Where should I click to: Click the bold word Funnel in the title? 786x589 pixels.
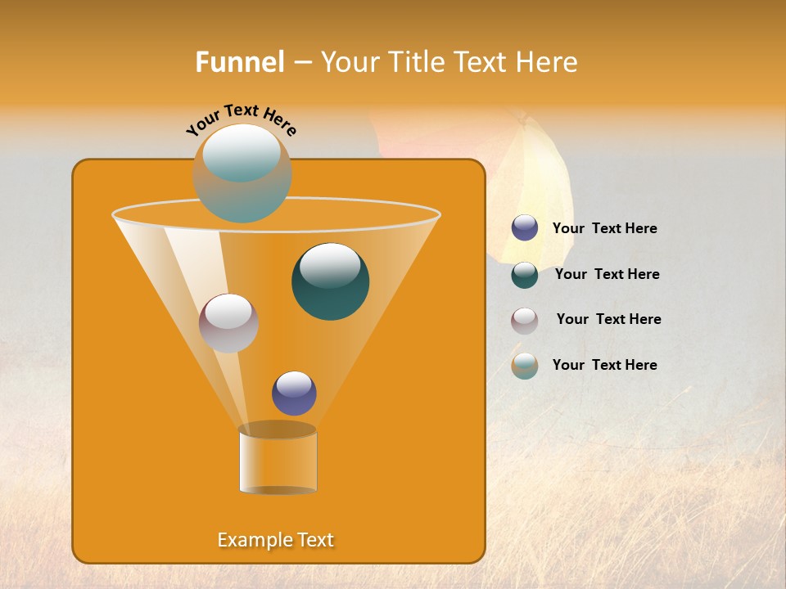coord(240,62)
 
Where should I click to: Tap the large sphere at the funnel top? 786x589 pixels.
coord(242,173)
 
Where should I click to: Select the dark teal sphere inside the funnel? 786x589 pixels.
coord(331,281)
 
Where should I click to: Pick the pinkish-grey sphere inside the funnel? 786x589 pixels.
coord(229,323)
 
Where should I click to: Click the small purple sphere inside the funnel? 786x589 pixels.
coord(295,393)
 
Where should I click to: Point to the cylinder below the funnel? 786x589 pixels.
coord(278,460)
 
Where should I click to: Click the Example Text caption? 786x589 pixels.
coord(276,540)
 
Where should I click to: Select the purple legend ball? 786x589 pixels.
coord(525,228)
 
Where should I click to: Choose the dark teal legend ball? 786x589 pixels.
coord(525,275)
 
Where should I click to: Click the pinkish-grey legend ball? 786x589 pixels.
coord(525,321)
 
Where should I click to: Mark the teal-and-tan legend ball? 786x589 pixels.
coord(525,366)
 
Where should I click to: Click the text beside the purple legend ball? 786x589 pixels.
coord(605,229)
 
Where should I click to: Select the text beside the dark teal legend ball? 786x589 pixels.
coord(608,275)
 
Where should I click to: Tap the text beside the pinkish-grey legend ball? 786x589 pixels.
coord(609,320)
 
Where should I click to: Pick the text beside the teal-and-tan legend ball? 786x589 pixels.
coord(605,365)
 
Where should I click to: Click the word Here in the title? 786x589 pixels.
coord(548,62)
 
